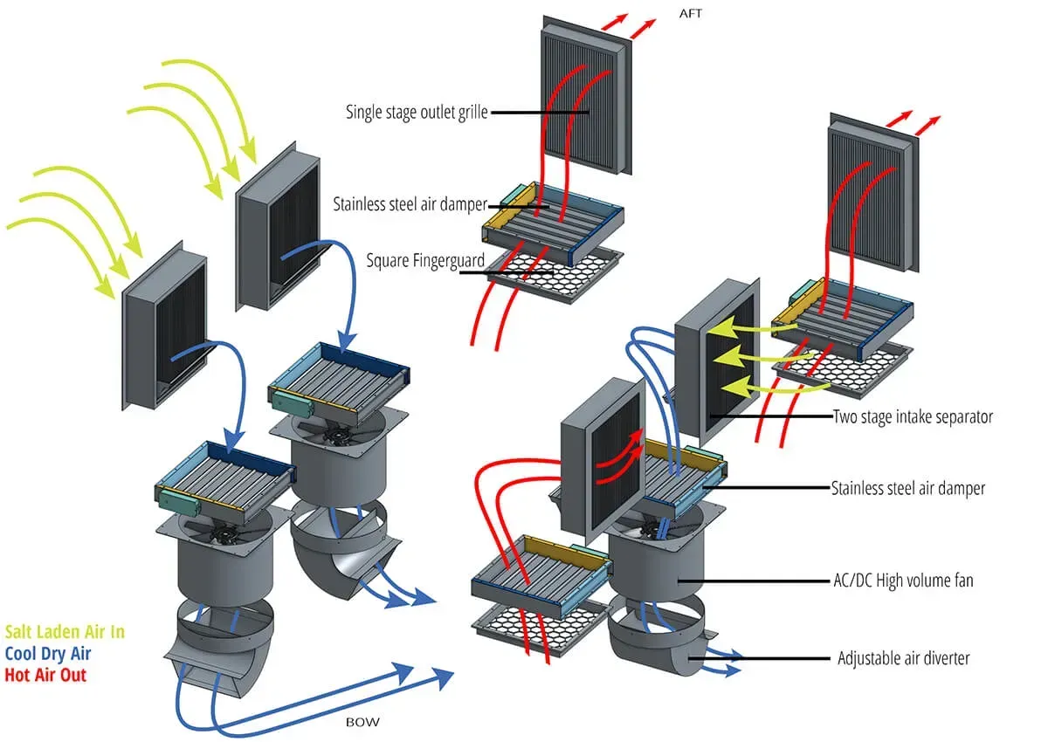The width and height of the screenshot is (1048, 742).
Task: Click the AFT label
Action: pos(692,15)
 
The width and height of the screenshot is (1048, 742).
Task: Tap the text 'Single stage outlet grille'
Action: pos(417,112)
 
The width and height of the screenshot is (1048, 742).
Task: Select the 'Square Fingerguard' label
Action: pos(413,260)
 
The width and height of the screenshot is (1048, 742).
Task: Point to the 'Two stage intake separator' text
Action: pos(913,417)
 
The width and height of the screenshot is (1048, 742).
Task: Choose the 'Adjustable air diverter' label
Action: pos(903,657)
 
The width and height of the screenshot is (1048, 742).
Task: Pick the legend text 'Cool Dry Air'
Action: pos(48,653)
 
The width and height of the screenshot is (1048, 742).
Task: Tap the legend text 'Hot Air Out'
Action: pos(45,675)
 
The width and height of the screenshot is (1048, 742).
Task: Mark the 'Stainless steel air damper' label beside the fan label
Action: pos(908,488)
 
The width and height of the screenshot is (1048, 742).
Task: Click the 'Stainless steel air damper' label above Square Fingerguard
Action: pos(410,205)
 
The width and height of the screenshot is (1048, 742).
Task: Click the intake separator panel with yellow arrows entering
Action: pos(716,358)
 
